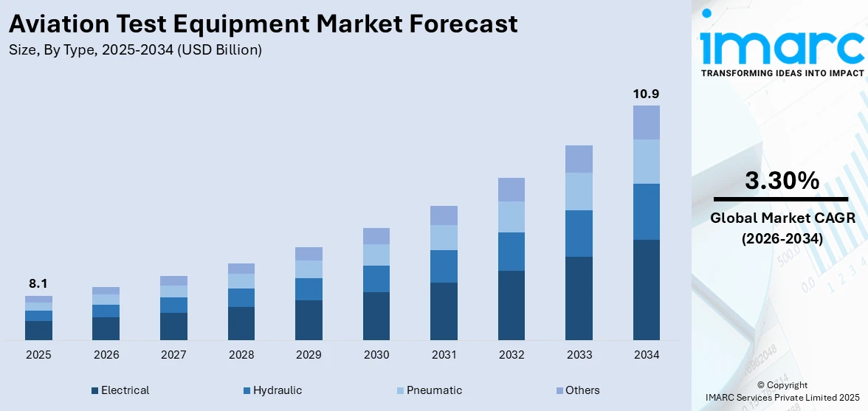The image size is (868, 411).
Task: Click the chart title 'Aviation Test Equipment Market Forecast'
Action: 263,24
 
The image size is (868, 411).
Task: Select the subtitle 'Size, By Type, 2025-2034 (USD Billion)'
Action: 135,50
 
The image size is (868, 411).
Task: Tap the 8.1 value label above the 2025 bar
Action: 38,283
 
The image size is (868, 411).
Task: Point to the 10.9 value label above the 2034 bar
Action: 646,94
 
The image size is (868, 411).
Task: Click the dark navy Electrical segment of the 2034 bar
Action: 647,289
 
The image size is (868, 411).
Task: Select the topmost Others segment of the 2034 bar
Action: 647,122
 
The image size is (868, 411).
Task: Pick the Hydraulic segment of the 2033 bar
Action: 579,233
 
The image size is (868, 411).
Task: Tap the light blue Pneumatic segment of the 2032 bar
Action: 512,216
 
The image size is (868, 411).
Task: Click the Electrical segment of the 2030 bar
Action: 376,316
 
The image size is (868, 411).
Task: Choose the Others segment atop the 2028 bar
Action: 241,269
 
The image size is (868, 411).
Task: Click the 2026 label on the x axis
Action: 106,355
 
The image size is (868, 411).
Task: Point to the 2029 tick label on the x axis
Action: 309,355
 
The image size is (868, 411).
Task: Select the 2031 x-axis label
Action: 444,355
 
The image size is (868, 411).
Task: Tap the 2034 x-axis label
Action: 647,355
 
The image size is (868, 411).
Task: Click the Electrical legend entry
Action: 120,390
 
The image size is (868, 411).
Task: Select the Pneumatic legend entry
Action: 431,390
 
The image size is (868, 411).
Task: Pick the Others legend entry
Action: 577,390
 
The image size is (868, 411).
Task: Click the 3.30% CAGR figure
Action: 782,180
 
